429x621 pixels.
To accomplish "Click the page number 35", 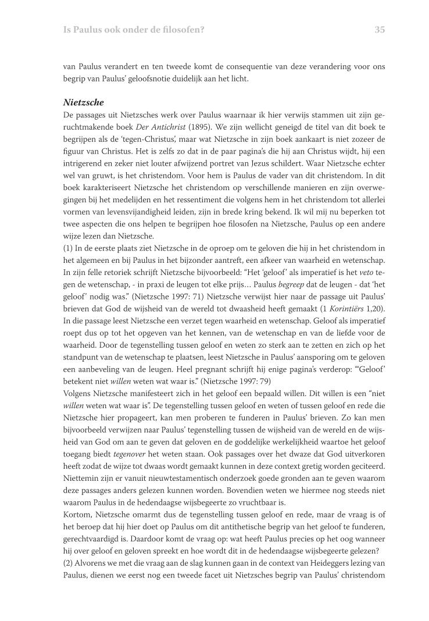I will pos(380,30).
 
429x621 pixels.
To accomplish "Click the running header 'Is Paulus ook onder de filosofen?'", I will pos(137,30).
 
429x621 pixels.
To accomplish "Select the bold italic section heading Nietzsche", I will pos(84,102).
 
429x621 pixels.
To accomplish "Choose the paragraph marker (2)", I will pos(69,563).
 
